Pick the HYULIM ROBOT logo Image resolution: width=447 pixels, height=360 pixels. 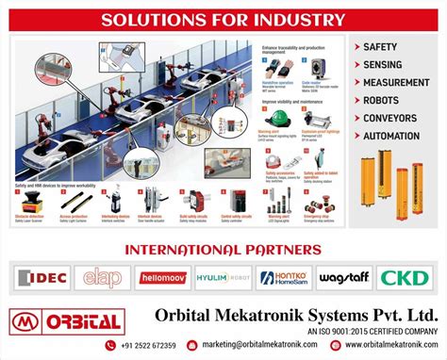[x=223, y=277]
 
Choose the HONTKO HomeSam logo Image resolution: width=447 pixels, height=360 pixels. [x=283, y=277]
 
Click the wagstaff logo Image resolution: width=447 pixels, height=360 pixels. [x=343, y=277]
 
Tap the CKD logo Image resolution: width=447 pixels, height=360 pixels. [x=403, y=277]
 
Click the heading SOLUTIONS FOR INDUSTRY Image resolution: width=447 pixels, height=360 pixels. [x=223, y=18]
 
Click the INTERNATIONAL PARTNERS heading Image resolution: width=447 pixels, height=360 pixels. [x=223, y=250]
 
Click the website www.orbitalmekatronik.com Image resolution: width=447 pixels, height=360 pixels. [x=382, y=345]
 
